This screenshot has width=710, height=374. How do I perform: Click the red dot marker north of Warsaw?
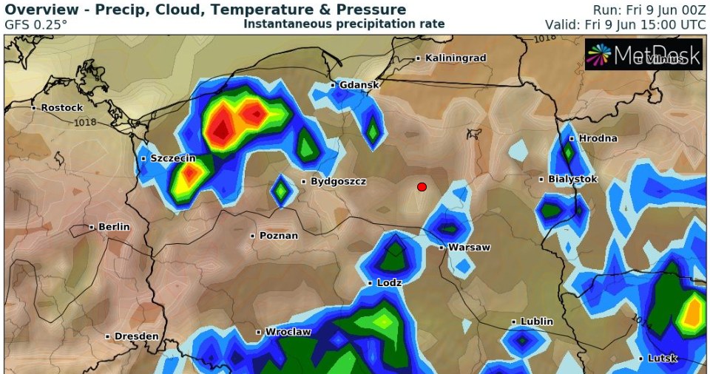(422, 186)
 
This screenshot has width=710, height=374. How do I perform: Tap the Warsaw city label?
(469, 248)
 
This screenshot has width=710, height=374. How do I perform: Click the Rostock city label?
(61, 107)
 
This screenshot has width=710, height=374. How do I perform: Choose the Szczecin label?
(172, 158)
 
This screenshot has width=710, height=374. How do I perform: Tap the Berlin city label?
(113, 227)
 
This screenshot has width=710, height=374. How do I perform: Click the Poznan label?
(278, 236)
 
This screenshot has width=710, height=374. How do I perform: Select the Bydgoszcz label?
(337, 181)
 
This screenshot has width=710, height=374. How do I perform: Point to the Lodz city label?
(388, 283)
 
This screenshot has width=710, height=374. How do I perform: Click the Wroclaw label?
(288, 332)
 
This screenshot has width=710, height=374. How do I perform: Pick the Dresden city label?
(136, 336)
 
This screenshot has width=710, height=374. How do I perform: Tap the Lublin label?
(536, 322)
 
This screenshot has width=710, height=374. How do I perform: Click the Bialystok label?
(572, 179)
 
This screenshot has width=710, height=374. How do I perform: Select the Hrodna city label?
(598, 138)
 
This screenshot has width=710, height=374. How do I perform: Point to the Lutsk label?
(663, 358)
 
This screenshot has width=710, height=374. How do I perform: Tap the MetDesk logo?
(643, 55)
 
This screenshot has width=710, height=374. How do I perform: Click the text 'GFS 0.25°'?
(35, 24)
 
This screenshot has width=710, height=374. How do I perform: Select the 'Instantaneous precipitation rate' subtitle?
(344, 24)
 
